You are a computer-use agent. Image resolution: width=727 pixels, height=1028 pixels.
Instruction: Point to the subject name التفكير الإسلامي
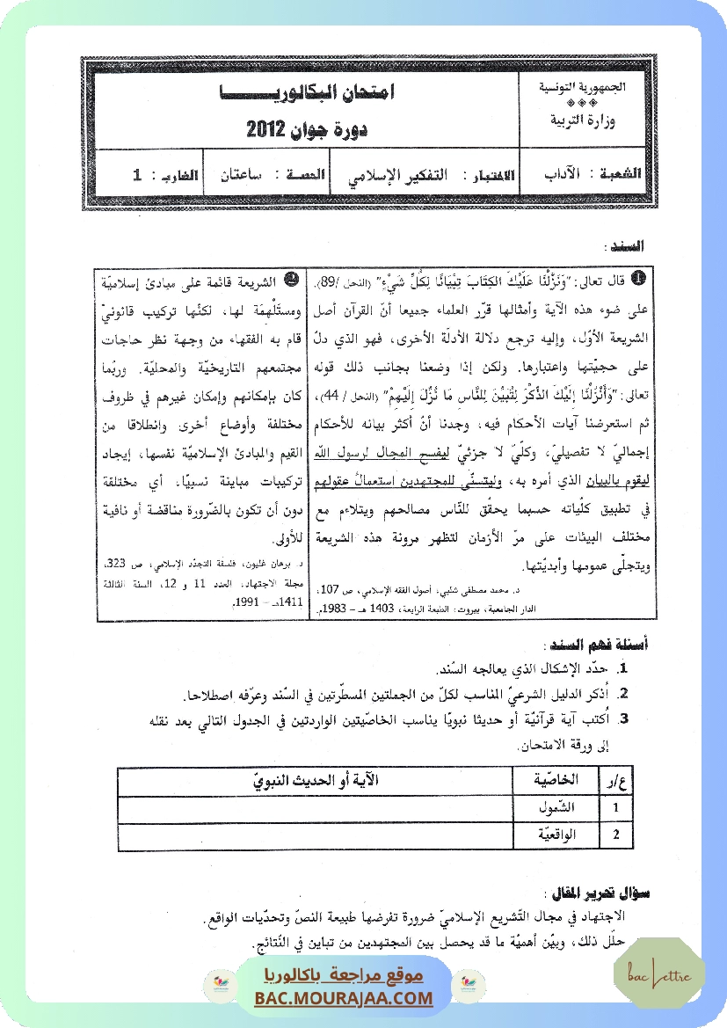coord(394,175)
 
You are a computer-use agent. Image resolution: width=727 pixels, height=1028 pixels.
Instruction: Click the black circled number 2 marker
coord(290,279)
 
